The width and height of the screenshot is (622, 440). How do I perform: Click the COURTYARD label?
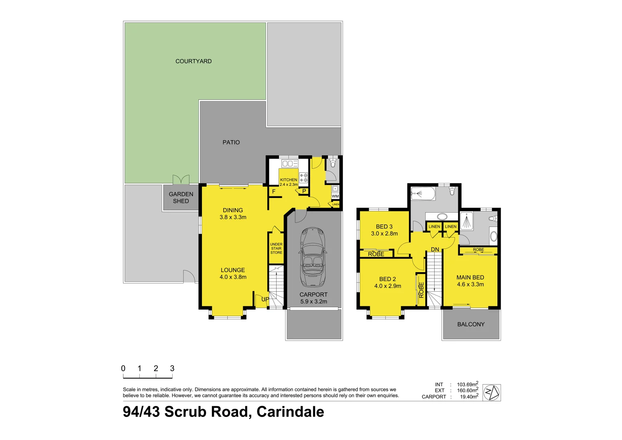point(193,61)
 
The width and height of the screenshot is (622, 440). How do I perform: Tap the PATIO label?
point(231,142)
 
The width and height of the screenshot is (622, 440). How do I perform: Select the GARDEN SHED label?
point(181,198)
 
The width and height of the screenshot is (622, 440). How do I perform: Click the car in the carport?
point(313,257)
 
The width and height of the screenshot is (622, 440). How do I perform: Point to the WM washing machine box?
point(335,196)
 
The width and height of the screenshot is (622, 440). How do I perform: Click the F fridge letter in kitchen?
point(274,191)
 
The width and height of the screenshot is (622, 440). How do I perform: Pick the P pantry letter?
point(304,191)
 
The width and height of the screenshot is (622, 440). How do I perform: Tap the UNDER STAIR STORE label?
point(276,249)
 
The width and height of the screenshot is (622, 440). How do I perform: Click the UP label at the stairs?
point(265,299)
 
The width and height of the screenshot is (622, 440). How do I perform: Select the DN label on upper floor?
point(435,249)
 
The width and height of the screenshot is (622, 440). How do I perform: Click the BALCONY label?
point(471,324)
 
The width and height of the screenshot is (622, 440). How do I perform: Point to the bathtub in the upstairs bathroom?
point(423,194)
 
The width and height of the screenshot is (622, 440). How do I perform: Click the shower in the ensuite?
point(466,222)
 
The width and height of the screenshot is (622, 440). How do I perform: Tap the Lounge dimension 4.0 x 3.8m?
point(233,277)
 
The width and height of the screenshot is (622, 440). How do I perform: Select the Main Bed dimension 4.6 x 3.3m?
point(470,284)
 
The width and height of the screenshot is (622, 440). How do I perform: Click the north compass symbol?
point(492,393)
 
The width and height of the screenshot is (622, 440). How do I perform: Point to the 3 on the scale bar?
point(172,368)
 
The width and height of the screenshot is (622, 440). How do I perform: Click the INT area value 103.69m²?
point(467,385)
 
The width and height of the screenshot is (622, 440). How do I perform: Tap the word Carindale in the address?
point(290,412)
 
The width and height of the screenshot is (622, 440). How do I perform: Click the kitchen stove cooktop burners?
point(303,178)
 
